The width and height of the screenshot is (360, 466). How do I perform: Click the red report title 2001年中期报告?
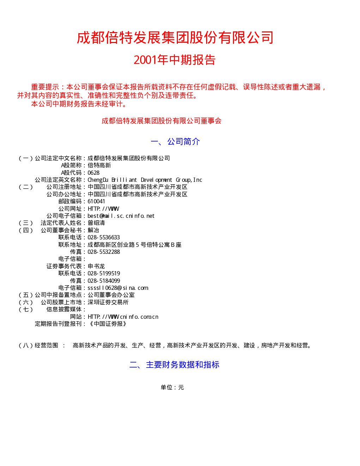point(175,60)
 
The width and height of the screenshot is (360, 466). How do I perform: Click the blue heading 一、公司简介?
point(175,142)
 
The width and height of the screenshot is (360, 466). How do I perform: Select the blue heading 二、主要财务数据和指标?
point(174,365)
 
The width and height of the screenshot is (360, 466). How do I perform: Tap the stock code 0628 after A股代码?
point(94,173)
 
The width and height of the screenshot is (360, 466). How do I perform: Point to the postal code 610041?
point(96,202)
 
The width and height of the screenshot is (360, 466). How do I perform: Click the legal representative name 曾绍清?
point(96,223)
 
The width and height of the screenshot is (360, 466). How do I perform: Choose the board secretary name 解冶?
point(93,230)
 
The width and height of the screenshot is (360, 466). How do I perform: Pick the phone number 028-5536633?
point(103,238)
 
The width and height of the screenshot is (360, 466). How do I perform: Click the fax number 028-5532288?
point(103,252)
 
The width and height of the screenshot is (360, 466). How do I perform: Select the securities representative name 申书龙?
point(96,266)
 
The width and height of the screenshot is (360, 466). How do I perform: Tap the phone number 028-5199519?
point(103,274)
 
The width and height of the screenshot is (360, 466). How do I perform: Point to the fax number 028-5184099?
point(103,281)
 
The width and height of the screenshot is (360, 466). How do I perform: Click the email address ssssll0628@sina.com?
point(118,288)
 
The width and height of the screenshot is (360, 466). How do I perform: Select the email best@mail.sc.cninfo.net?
point(121,216)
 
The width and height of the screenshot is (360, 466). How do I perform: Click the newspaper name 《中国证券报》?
point(108,324)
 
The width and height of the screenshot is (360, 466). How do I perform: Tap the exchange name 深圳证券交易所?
point(108,303)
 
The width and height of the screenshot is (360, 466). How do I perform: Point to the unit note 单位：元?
point(172,387)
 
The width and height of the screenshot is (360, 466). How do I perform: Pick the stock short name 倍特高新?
point(99,165)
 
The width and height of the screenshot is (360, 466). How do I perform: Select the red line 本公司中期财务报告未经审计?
point(79,104)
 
